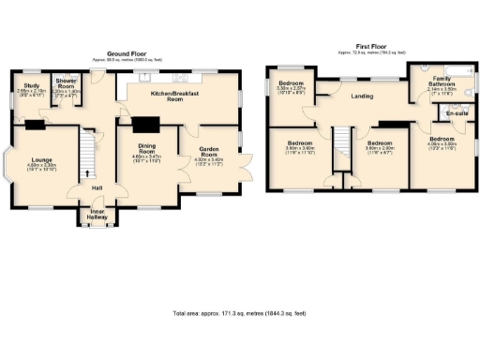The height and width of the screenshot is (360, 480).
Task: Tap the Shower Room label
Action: click(x=64, y=86)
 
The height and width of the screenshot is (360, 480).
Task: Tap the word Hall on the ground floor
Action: click(x=96, y=187)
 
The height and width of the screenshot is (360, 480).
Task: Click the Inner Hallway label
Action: click(x=97, y=215)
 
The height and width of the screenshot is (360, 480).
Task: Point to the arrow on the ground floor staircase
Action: click(x=90, y=172)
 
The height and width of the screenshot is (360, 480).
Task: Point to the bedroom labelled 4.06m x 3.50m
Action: click(x=442, y=142)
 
